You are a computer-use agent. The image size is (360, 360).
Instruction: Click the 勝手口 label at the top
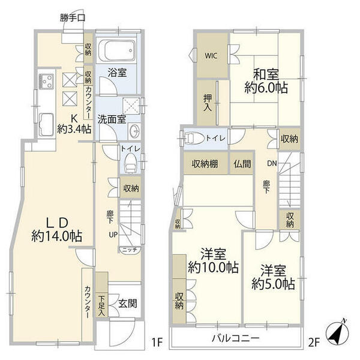(x=73, y=18)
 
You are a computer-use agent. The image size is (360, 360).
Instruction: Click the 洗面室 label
(x=111, y=119)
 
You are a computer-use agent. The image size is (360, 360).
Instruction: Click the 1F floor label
(x=157, y=343)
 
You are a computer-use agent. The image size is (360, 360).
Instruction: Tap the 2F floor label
(x=313, y=343)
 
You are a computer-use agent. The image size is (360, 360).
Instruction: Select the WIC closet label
(x=211, y=56)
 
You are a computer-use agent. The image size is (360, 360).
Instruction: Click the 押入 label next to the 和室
(x=206, y=103)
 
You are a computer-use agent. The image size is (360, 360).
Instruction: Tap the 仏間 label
(x=243, y=164)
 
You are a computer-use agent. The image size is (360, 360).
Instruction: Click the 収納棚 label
(x=205, y=164)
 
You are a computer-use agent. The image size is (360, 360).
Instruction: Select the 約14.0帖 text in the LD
(x=56, y=236)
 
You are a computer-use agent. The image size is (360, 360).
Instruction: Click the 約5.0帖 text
(x=273, y=283)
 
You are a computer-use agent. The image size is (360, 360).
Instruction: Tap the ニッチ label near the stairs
(x=128, y=249)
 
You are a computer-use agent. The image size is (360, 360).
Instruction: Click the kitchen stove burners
(x=47, y=80)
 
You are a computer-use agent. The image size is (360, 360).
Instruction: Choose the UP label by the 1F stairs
(x=112, y=233)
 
